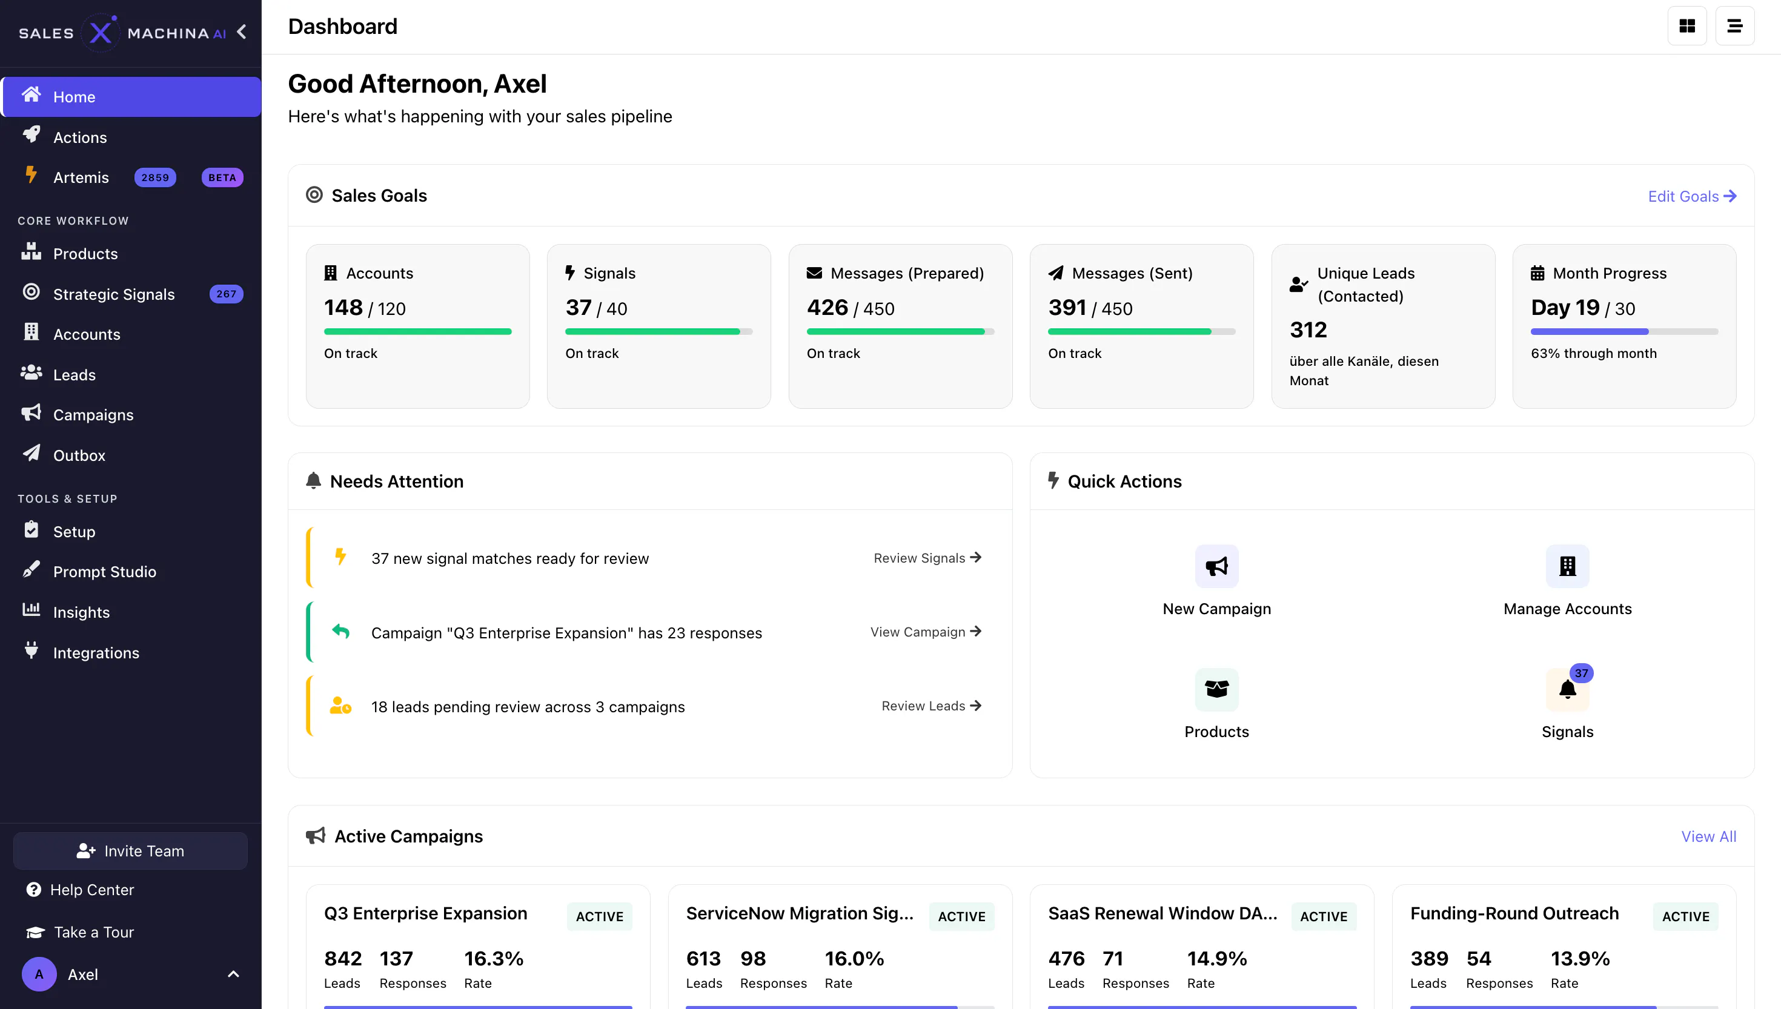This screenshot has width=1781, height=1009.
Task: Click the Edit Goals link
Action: click(1691, 196)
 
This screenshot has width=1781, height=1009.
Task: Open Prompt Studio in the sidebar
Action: click(104, 572)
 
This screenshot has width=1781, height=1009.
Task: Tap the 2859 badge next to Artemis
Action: click(155, 177)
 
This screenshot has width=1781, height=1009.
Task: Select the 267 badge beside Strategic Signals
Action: click(226, 294)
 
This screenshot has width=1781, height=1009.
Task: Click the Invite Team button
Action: click(130, 851)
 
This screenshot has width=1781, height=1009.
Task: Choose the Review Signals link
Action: click(927, 558)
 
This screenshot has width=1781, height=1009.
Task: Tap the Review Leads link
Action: click(931, 706)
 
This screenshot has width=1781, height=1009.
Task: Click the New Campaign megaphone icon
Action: click(1217, 566)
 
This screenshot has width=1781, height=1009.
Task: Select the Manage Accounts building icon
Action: click(1568, 566)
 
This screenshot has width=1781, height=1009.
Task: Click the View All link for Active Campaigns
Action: click(1708, 836)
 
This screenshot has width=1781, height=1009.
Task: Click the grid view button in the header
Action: click(1686, 25)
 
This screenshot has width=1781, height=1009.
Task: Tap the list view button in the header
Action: click(1734, 25)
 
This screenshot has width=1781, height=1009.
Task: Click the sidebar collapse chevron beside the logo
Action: click(241, 32)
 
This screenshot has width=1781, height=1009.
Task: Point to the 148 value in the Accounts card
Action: click(343, 307)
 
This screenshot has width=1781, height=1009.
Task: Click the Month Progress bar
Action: click(1624, 331)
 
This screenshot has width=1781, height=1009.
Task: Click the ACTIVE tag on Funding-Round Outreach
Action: click(1685, 916)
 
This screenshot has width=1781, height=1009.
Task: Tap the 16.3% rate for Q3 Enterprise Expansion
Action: click(494, 958)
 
